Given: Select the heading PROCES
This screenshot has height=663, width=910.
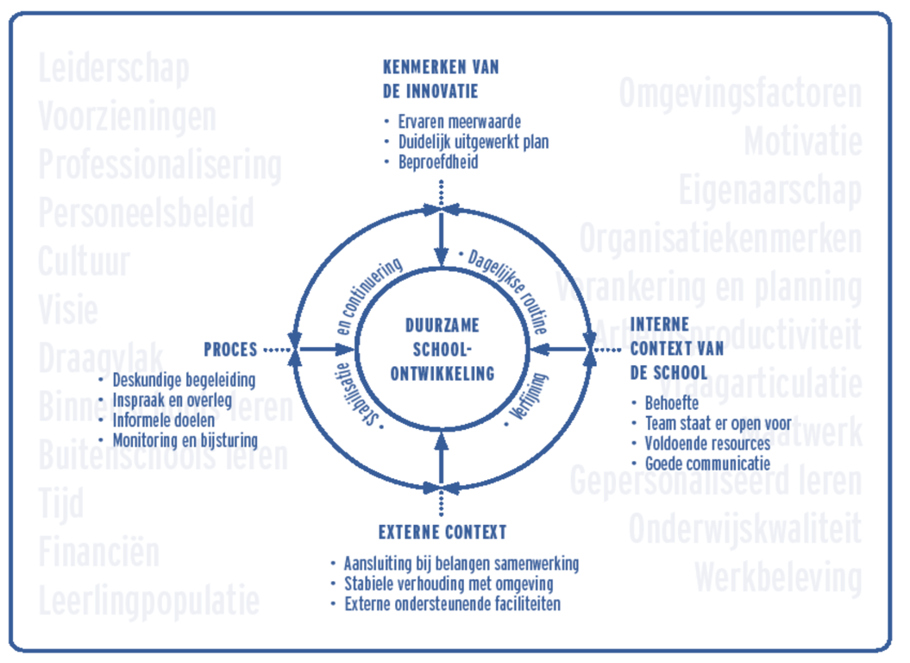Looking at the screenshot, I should pos(230,350).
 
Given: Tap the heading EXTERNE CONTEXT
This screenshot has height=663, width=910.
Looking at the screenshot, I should pos(442,532).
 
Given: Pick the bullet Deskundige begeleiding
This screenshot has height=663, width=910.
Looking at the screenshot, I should pos(184,380).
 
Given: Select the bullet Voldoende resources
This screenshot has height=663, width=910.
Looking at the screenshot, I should pos(707,443).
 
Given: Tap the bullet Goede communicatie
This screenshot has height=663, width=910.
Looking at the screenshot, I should pos(707,464).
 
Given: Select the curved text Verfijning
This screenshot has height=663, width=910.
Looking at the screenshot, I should pos(528,399).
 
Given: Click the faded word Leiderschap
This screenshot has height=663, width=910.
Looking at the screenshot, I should pos(114,68).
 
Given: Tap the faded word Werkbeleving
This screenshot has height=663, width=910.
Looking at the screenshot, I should pos(777,578).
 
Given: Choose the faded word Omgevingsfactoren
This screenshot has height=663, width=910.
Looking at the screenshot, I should pos(740,93).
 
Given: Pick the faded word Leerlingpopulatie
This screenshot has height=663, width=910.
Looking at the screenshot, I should pos(148,600).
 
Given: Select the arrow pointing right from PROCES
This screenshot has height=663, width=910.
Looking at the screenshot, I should pos(328,350).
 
